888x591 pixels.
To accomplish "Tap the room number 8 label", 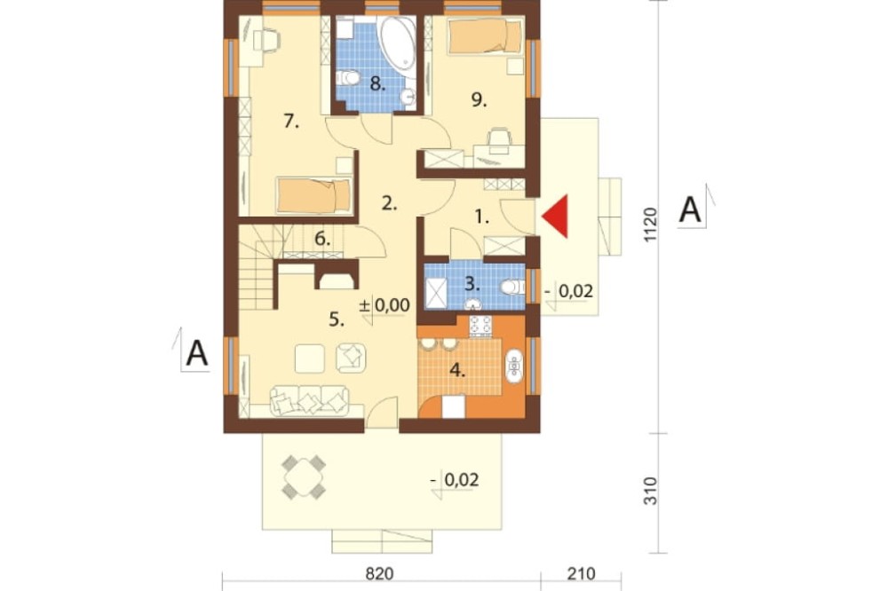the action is (377, 84).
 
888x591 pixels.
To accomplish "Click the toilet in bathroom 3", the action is (512, 287).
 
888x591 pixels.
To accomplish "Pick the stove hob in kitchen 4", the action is (480, 326).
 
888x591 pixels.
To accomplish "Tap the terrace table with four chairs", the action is (304, 477).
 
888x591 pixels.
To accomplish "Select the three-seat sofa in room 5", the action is (309, 401).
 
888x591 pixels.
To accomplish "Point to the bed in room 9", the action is (485, 36).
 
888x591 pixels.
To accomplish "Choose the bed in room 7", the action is (313, 196).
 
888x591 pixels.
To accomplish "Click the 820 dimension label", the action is (379, 574).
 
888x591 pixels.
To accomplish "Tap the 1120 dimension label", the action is (650, 225).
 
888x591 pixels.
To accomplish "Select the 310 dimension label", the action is (650, 491).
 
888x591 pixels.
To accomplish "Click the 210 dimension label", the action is (581, 574).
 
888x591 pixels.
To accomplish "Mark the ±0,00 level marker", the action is (385, 305).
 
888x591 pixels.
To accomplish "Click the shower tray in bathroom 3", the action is (435, 292).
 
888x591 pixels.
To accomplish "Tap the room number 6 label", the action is (321, 239).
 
